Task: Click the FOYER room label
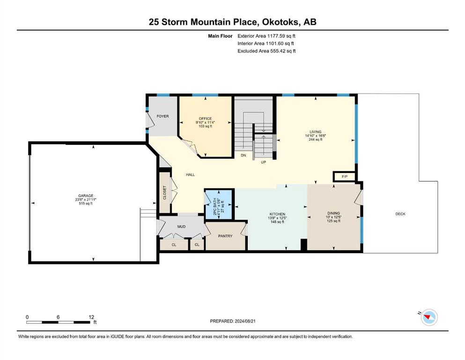pos(162,116)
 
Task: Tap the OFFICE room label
pos(205,119)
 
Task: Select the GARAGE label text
pos(86,196)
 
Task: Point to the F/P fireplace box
pos(344,177)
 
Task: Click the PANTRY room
pos(225,236)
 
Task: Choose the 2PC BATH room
pos(219,204)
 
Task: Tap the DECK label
pos(400,214)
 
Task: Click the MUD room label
pos(182,227)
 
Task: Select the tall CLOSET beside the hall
pos(165,193)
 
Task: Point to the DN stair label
pos(244,156)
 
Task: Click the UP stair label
pos(263,162)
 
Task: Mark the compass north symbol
pos(429,317)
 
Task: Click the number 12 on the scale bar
pos(91,317)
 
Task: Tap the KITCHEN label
pos(277,214)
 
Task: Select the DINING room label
pos(333,213)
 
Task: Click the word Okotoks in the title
pos(282,22)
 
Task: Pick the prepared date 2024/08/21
pos(245,321)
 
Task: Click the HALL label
pos(191,175)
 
